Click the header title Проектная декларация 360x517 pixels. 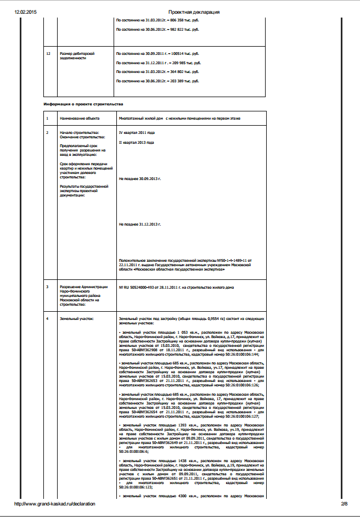[x=194, y=12]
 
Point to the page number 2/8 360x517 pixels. [x=344, y=503]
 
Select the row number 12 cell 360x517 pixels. [x=48, y=54]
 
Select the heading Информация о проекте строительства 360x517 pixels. [x=83, y=104]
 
